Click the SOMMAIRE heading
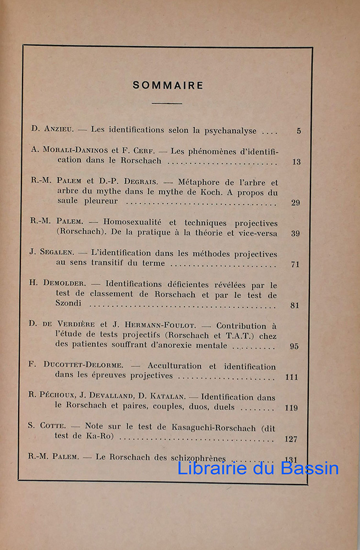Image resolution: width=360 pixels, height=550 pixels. coord(168,85)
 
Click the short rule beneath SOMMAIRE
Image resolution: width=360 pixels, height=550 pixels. coord(167,103)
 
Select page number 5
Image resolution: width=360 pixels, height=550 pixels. coord(298,131)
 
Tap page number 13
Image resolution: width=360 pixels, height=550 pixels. coord(297,162)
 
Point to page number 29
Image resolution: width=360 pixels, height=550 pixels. coord(296,203)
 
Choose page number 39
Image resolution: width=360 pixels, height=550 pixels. coord(296,234)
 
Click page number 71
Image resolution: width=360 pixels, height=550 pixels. coord(295,265)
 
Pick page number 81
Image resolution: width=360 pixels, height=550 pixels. coord(295,306)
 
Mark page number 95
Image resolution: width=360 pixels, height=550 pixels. coord(294,346)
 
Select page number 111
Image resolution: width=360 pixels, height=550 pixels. coord(292,377)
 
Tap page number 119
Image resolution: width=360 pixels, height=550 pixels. coord(292,408)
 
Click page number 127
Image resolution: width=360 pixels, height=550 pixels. coord(291,439)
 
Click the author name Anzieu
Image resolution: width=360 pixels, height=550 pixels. coord(57,130)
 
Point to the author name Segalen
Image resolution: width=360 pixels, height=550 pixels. coord(57,254)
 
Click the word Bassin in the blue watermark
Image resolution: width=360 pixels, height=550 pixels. coord(309,468)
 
